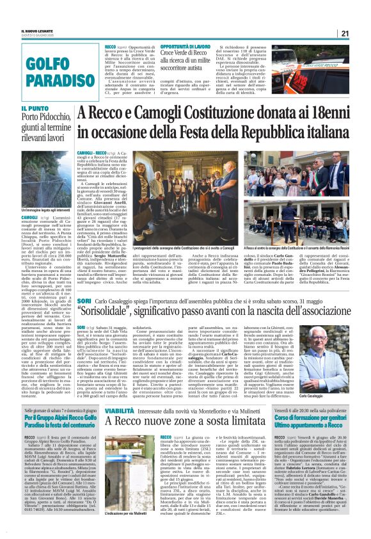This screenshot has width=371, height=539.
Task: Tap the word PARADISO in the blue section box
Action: [x=42, y=81]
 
